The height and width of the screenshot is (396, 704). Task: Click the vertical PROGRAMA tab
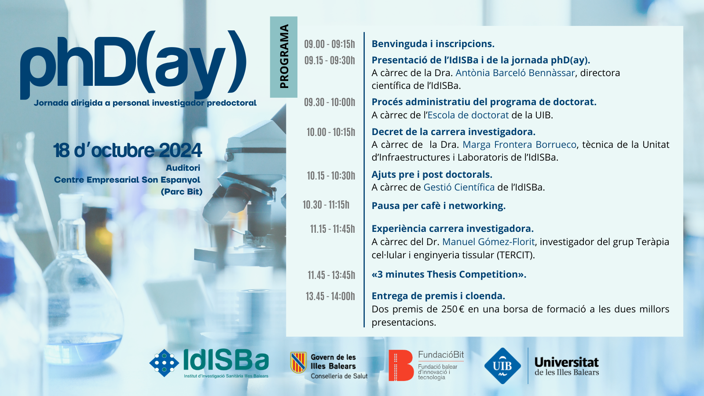(283, 57)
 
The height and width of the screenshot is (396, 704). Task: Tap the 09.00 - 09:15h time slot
(330, 44)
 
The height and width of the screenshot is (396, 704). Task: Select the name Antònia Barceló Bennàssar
(515, 73)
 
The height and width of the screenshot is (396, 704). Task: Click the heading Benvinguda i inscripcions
(433, 44)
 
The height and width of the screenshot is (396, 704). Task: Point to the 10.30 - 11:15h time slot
(326, 205)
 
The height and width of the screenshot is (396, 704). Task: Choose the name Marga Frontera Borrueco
(520, 145)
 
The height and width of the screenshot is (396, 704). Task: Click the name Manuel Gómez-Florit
(488, 242)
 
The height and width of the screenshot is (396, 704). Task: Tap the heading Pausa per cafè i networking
(438, 206)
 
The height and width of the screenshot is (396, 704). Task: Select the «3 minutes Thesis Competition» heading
(449, 275)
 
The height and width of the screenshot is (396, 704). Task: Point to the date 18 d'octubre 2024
(127, 150)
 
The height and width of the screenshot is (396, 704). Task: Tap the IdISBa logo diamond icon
(164, 363)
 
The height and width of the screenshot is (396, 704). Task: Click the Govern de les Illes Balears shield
(298, 363)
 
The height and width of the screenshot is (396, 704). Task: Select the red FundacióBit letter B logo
(401, 365)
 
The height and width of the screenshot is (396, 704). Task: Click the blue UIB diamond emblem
(502, 366)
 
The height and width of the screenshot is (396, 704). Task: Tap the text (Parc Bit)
(182, 192)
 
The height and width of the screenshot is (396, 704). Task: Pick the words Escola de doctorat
(468, 115)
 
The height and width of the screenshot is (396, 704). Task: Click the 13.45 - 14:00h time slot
(330, 297)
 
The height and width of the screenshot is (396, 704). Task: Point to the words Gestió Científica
(459, 187)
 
